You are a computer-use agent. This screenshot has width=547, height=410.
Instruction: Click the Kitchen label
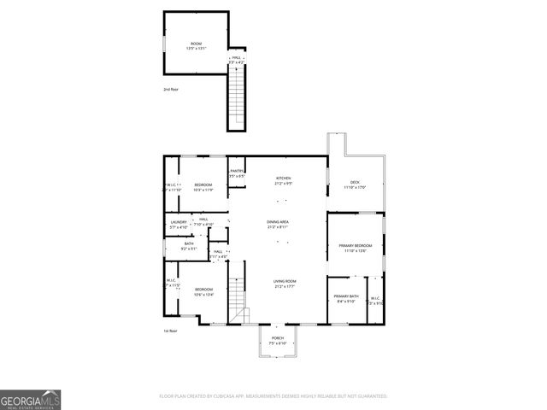click(x=283, y=179)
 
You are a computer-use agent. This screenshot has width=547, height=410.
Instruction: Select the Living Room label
click(x=285, y=281)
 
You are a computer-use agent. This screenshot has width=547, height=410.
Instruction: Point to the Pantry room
click(x=237, y=173)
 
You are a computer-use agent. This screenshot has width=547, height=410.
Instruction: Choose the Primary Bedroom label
click(x=355, y=245)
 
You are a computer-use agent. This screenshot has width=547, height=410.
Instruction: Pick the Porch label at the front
click(x=278, y=338)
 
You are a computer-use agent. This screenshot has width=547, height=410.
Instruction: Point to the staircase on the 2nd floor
click(x=236, y=98)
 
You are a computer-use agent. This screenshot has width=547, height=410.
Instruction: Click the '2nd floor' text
click(x=172, y=89)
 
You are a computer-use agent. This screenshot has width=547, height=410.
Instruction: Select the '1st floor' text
click(x=170, y=331)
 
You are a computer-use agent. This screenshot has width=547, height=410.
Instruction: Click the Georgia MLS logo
click(x=31, y=399)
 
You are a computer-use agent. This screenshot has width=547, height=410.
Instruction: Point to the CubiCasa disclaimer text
click(x=273, y=396)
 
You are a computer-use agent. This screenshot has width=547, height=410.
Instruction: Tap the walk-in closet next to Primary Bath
click(x=375, y=299)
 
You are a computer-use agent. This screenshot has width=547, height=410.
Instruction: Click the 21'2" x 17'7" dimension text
click(x=285, y=287)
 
